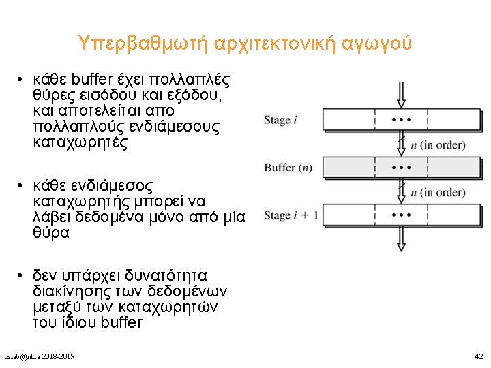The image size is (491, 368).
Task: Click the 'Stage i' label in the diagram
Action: [280, 120]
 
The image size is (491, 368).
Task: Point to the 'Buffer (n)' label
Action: [288, 168]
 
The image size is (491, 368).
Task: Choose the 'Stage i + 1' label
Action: [291, 215]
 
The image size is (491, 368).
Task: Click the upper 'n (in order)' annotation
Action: [438, 144]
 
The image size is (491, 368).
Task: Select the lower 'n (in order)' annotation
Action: [438, 192]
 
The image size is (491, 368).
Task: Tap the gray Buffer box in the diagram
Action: [402, 167]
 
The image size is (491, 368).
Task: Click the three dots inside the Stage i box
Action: [402, 119]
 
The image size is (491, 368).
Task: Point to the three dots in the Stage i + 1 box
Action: [402, 215]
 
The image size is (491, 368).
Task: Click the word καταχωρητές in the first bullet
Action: [75, 143]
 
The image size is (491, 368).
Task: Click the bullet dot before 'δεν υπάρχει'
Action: [22, 275]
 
